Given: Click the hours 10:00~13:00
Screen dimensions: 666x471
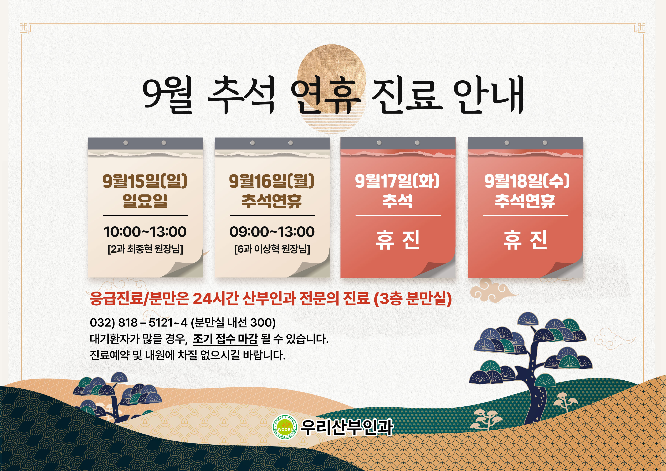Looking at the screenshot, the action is [x=145, y=232].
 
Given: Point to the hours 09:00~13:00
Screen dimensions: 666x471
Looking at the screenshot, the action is [x=272, y=232].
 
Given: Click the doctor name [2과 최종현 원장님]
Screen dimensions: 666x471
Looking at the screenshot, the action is [x=145, y=249].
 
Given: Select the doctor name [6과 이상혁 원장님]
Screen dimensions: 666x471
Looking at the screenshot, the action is [x=272, y=249].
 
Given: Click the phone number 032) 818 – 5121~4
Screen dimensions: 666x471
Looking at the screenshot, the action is [x=139, y=322].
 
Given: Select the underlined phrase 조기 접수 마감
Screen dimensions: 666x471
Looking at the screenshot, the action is [x=225, y=339].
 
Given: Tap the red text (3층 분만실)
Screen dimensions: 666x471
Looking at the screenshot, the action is [x=413, y=298].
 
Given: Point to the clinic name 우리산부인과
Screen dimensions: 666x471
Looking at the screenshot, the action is [x=347, y=427].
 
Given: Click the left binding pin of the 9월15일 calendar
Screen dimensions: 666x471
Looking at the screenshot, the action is [x=126, y=143].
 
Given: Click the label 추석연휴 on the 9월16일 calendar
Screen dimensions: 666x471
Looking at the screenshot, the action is [x=272, y=201].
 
